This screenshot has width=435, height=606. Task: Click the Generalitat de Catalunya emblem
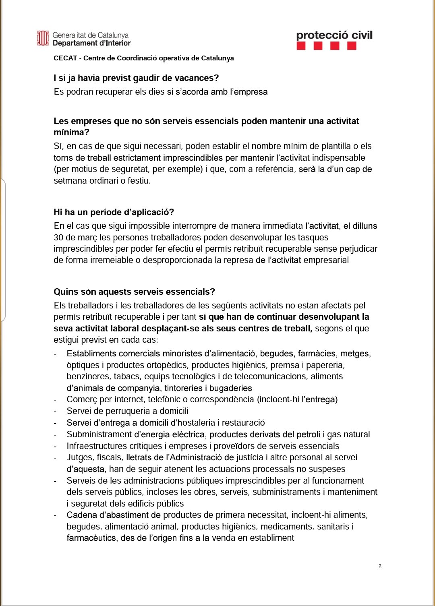click(x=43, y=39)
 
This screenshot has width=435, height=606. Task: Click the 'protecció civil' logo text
click(x=334, y=35)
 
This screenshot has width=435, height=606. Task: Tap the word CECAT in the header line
click(x=65, y=58)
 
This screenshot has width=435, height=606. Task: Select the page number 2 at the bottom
click(x=380, y=566)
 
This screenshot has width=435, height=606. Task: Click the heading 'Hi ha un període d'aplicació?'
click(x=114, y=212)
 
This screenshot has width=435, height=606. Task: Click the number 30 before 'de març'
click(x=59, y=238)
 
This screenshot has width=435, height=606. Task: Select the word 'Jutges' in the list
click(x=79, y=457)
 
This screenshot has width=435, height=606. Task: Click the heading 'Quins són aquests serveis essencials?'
click(x=134, y=292)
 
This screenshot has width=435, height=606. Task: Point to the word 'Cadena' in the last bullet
click(x=80, y=515)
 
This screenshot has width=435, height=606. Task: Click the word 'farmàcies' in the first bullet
click(x=316, y=354)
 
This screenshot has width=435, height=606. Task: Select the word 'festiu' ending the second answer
click(x=139, y=181)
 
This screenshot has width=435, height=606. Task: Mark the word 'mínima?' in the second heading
click(x=71, y=132)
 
